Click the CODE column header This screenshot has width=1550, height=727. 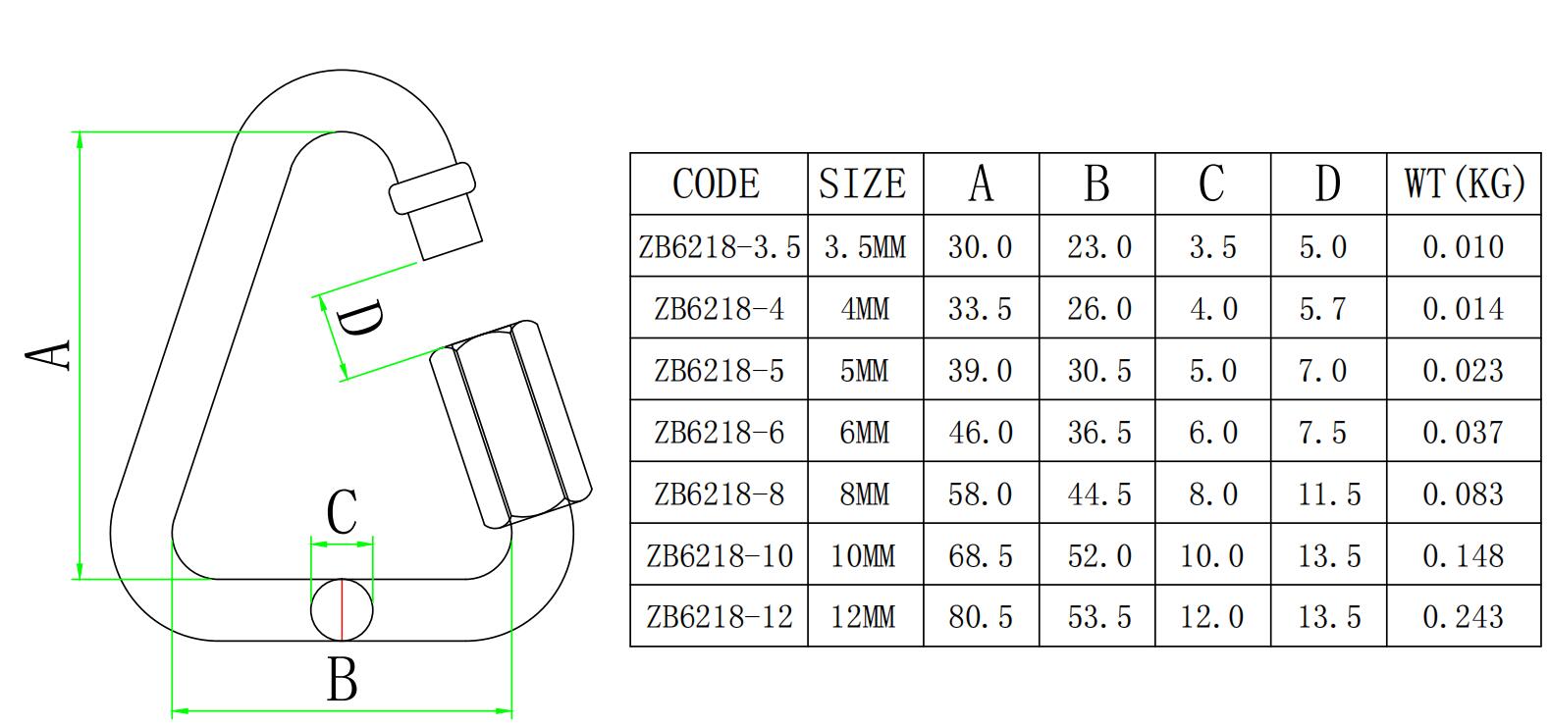point(717,184)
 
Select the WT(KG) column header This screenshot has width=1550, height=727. point(1464,184)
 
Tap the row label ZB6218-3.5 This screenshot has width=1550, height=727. point(719,246)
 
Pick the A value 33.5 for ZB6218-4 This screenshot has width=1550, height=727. point(980,309)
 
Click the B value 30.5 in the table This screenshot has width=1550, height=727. point(1098,371)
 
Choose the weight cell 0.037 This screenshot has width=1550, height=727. point(1463,433)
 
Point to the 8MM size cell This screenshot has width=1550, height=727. point(864,493)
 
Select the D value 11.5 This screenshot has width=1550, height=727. point(1328,493)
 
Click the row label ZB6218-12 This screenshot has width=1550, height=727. point(719,617)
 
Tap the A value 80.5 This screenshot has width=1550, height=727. point(980,617)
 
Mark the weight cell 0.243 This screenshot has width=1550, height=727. point(1463,617)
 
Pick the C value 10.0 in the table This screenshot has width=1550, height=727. point(1211,556)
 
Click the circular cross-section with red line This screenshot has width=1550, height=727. point(343,609)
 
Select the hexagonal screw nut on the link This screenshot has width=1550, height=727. point(510,423)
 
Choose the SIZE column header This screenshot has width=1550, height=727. point(864,184)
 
